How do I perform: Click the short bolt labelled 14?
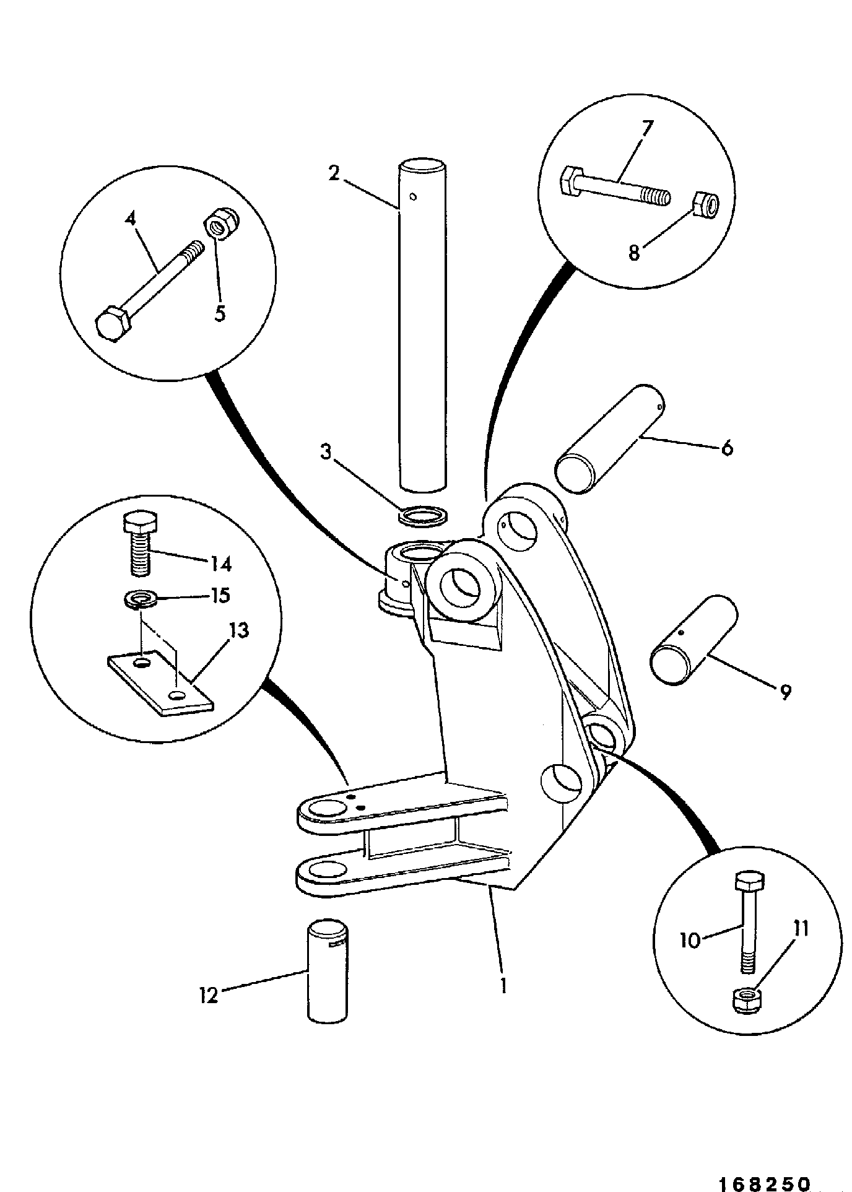[x=139, y=542]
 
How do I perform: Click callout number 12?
[x=209, y=996]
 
